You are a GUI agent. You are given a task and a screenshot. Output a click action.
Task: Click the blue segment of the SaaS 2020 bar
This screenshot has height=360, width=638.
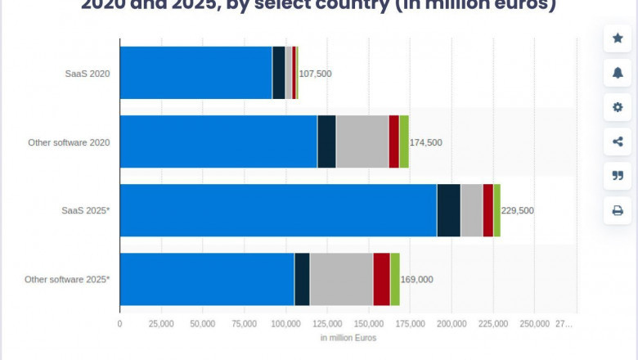pos(195,73)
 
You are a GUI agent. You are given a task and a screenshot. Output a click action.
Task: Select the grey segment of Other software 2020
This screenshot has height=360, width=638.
pos(362,142)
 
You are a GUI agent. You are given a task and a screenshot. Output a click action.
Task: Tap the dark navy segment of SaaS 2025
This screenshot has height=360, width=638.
pos(448,210)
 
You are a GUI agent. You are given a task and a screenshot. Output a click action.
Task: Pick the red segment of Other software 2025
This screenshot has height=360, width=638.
pos(381,279)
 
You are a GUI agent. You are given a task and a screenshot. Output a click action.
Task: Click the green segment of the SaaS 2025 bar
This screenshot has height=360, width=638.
pos(496,210)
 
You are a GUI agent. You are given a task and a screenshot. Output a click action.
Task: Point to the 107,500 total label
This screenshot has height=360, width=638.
pos(316,74)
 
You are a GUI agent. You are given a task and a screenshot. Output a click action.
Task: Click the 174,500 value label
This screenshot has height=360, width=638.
pos(425,142)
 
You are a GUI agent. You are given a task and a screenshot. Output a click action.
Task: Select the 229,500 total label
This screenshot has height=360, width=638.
pos(517,210)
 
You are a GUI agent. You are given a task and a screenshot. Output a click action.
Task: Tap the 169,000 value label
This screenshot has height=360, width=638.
pos(416,279)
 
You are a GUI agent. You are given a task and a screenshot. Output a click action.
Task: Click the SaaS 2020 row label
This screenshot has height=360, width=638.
pos(88,74)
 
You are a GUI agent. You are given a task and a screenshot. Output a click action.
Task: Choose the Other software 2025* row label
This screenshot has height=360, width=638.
pos(67,279)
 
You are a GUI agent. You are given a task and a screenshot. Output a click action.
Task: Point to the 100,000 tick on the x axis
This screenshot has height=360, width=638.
pos(285,324)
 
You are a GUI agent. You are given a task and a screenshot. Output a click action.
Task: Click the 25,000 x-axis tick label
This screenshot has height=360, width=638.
pos(161,324)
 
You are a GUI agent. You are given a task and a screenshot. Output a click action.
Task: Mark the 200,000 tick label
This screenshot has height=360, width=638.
pos(452,324)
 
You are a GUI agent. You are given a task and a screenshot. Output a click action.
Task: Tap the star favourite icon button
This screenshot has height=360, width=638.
pos(618,38)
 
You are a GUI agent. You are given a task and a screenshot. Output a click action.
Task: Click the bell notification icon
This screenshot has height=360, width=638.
pos(618,72)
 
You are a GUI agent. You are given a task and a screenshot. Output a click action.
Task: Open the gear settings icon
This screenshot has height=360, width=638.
pos(618,106)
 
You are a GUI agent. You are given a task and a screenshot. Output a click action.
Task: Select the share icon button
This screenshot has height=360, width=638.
pos(618,141)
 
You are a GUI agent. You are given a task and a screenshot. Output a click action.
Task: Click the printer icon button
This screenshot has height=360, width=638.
pos(618,210)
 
